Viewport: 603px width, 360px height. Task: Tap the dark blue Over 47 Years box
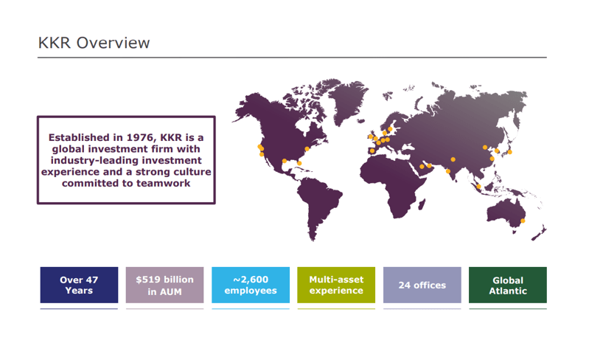(x=79, y=285)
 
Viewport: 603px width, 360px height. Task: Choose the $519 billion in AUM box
(x=164, y=285)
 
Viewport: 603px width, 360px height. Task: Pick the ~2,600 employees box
(x=250, y=285)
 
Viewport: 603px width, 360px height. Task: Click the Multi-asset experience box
(x=336, y=285)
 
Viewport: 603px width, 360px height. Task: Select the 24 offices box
(x=422, y=285)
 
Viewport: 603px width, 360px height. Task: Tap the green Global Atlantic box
(x=507, y=285)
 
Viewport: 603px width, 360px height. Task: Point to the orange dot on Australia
(x=523, y=221)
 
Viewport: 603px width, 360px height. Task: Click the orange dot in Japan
(x=510, y=152)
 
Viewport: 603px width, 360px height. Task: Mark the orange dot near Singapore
(x=479, y=187)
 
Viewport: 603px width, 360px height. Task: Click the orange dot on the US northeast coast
(x=307, y=150)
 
